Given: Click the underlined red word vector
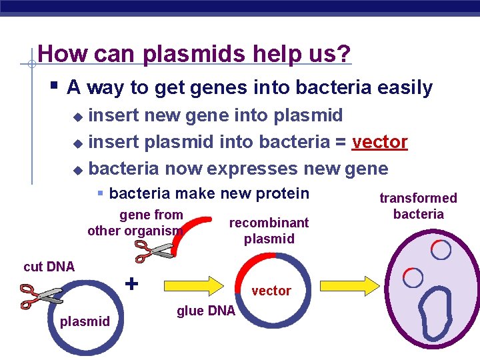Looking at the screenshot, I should pos(379,142).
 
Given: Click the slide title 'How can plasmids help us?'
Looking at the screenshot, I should pos(194,53).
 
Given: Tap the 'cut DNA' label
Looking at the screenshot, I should pos(49,267).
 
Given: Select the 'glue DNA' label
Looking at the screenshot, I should pos(206,311).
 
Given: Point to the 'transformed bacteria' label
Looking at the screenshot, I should pos(418,206).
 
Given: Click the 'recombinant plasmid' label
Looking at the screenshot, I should pos(269,231).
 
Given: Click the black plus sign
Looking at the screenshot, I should pos(132,283).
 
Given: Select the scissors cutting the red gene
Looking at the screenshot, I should pos(154,251).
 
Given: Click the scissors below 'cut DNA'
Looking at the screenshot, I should pos(41,295).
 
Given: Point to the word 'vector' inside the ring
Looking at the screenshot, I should pos(271,291).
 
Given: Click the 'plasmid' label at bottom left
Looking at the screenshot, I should pos(85,322).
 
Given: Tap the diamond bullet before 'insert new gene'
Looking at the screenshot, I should pos(79,117).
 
